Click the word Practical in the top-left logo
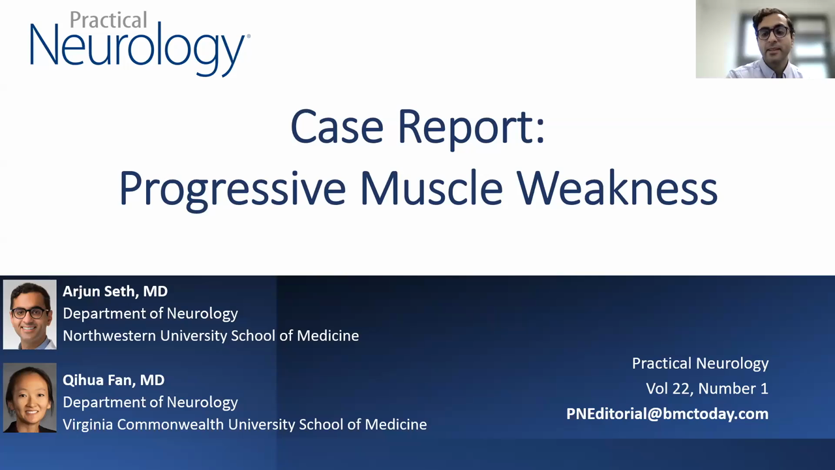108,20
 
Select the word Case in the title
336,127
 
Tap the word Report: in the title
471,128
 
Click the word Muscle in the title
431,188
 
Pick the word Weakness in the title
617,188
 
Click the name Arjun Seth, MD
115,291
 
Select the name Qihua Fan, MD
114,380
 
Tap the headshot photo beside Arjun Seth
29,315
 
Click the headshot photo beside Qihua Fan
29,398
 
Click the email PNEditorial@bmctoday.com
667,414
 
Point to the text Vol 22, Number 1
706,388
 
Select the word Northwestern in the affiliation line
109,336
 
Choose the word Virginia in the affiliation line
88,424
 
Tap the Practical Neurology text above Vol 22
700,364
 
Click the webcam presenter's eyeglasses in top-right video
772,32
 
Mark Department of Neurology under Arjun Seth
150,313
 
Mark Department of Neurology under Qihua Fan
150,402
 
